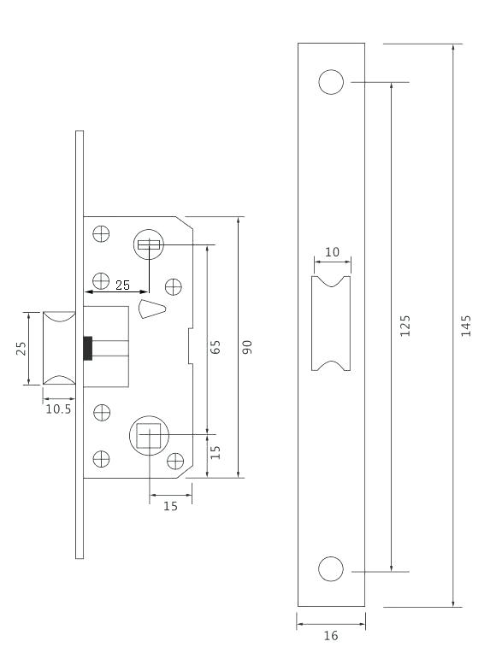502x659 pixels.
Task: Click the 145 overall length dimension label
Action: (465, 326)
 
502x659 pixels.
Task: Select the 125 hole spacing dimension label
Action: (405, 326)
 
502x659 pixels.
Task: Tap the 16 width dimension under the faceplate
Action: (331, 637)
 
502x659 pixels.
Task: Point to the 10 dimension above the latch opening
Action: (332, 253)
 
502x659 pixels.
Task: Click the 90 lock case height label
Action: (246, 346)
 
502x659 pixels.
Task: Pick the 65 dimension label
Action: (216, 346)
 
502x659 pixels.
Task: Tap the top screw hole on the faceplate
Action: (331, 82)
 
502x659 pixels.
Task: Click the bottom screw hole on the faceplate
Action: (331, 569)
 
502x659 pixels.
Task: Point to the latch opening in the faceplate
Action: (332, 325)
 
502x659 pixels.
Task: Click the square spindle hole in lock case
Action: (150, 437)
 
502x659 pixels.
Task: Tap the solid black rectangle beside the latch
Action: (86, 349)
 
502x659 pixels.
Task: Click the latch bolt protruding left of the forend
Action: (62, 347)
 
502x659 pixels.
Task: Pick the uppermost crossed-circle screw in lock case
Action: (102, 232)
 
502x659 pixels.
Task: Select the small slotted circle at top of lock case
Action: (148, 246)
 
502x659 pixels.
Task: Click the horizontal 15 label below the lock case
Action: (170, 506)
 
